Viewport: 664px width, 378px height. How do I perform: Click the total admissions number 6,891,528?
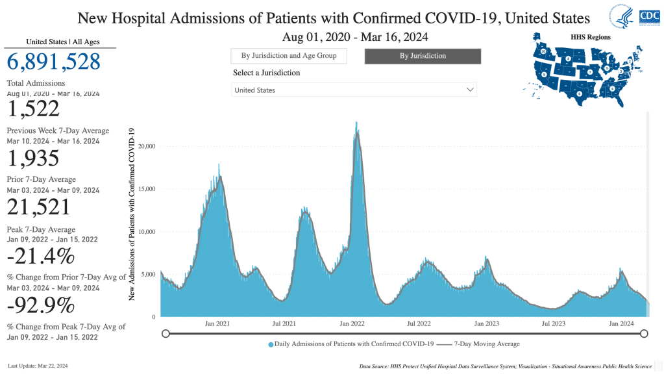pos(54,62)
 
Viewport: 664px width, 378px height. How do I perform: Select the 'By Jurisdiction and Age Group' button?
pos(289,56)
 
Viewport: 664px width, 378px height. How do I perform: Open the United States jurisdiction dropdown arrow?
pos(470,90)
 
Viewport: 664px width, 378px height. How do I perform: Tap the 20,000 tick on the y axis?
pos(147,146)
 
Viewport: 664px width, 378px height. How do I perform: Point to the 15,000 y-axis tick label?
pos(147,189)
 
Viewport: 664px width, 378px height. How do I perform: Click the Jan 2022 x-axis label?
pos(352,323)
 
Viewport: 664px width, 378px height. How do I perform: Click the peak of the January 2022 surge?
pos(356,122)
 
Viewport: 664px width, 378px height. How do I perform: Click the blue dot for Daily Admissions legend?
pos(271,344)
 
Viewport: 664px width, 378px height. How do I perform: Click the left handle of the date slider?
pos(166,334)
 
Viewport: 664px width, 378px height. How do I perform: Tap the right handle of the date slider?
pos(644,334)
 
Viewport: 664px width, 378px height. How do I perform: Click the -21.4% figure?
pos(40,256)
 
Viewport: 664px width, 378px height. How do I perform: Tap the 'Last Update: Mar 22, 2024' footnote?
pos(38,366)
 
